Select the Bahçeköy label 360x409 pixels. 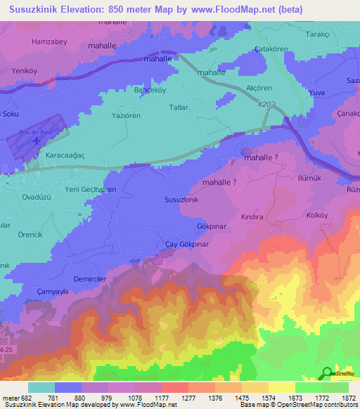click(149, 91)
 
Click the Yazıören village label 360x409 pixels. click(127, 115)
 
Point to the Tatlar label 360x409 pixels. click(180, 108)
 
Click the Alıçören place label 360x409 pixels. click(259, 88)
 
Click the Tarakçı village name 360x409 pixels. click(317, 34)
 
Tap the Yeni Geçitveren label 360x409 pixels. click(90, 190)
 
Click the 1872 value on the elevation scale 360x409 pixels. click(347, 398)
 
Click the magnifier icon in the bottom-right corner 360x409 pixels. click(327, 374)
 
